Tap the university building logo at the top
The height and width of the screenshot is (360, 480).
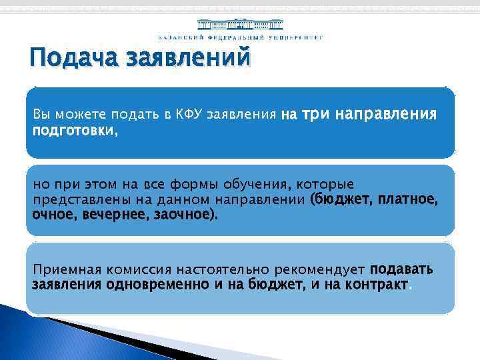(x=239, y=22)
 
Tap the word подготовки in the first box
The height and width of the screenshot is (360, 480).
(x=74, y=131)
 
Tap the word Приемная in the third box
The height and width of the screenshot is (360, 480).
(x=61, y=269)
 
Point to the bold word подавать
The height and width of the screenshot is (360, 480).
(x=401, y=269)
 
